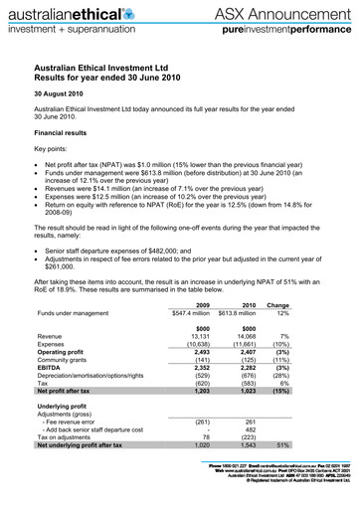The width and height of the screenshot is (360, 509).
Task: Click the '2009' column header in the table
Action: (x=207, y=305)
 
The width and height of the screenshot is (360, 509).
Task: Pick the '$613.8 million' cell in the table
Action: (x=244, y=316)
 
